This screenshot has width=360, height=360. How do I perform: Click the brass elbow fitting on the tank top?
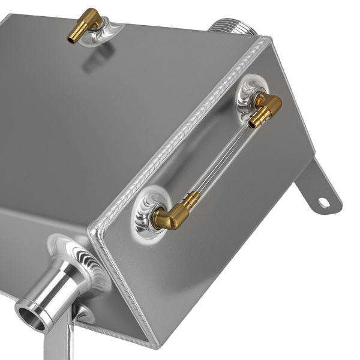(x=86, y=24)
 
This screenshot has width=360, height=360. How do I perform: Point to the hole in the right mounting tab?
(x=323, y=203)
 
